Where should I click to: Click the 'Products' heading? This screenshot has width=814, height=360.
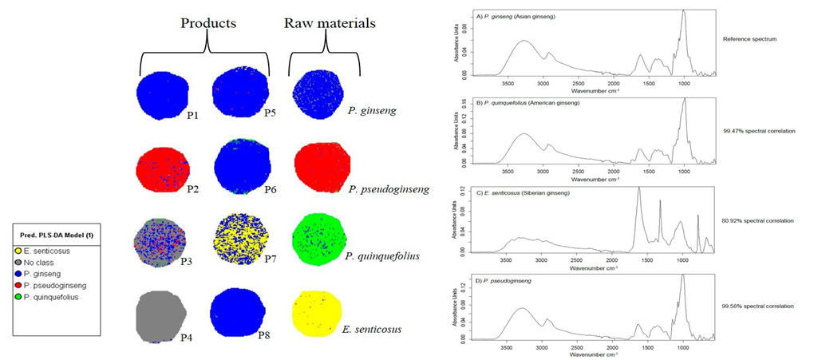pyautogui.click(x=209, y=22)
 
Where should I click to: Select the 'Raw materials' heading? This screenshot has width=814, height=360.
pyautogui.click(x=330, y=22)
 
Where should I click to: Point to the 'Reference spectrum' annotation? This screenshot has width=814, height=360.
pyautogui.click(x=749, y=39)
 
